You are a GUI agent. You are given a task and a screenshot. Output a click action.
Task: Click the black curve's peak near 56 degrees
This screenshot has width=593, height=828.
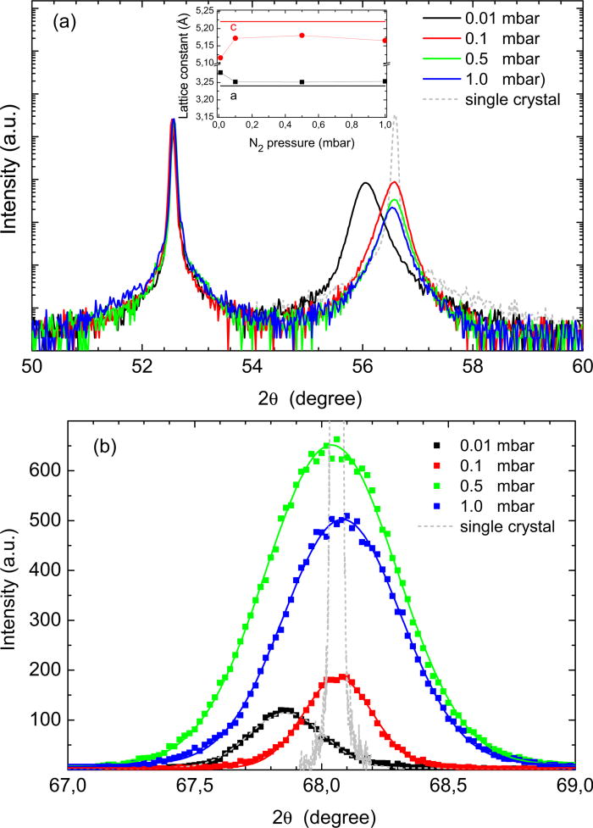pos(365,183)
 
